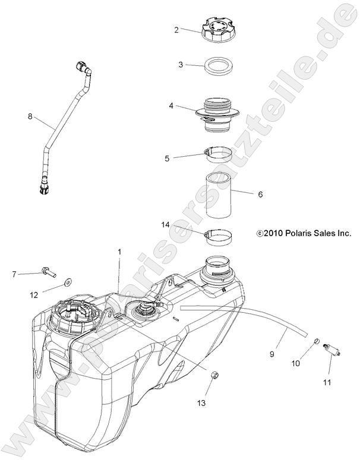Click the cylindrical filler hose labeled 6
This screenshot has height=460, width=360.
tap(222, 195)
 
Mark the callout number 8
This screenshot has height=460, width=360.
tap(30, 116)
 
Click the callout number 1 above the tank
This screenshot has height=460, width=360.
tap(119, 252)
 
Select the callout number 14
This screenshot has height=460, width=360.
tap(166, 225)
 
